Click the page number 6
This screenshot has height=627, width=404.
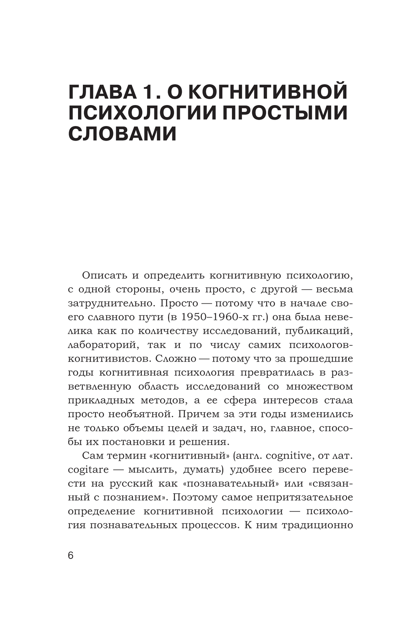click(71, 555)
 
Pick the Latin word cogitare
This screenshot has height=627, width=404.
click(88, 469)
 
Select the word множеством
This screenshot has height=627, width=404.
click(320, 386)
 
